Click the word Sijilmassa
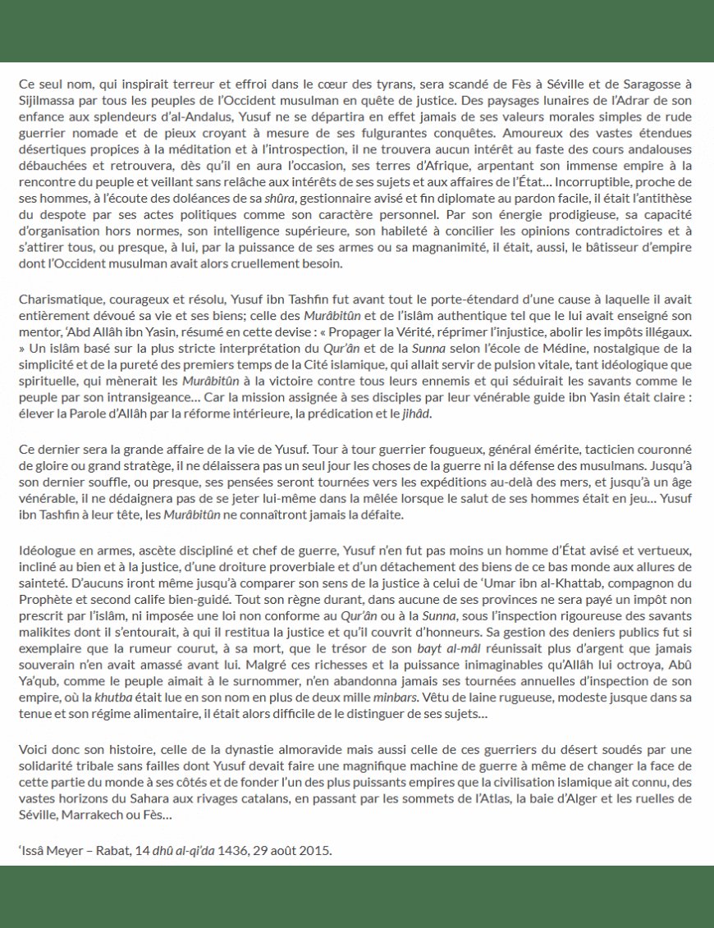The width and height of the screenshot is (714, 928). click(45, 100)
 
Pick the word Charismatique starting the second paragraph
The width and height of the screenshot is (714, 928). click(56, 301)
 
